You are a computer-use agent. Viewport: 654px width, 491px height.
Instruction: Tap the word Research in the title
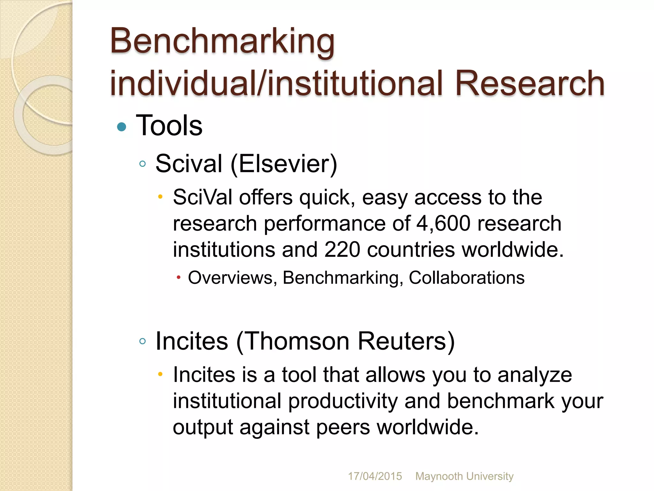(529, 84)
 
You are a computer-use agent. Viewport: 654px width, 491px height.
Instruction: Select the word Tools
(169, 126)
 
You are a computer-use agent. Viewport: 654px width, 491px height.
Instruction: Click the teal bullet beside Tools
(122, 127)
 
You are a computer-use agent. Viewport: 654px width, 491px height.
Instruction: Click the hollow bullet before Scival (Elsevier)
(143, 164)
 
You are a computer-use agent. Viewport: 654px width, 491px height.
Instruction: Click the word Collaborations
(467, 277)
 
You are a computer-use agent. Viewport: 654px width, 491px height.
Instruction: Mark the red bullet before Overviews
(179, 277)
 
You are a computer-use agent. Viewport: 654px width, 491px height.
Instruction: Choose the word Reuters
(403, 341)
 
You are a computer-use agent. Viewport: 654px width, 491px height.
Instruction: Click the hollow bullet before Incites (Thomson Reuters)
(143, 341)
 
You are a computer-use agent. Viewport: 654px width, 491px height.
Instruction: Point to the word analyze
(535, 375)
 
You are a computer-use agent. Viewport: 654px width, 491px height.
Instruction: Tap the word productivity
(343, 401)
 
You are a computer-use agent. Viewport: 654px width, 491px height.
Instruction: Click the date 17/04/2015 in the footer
(375, 476)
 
